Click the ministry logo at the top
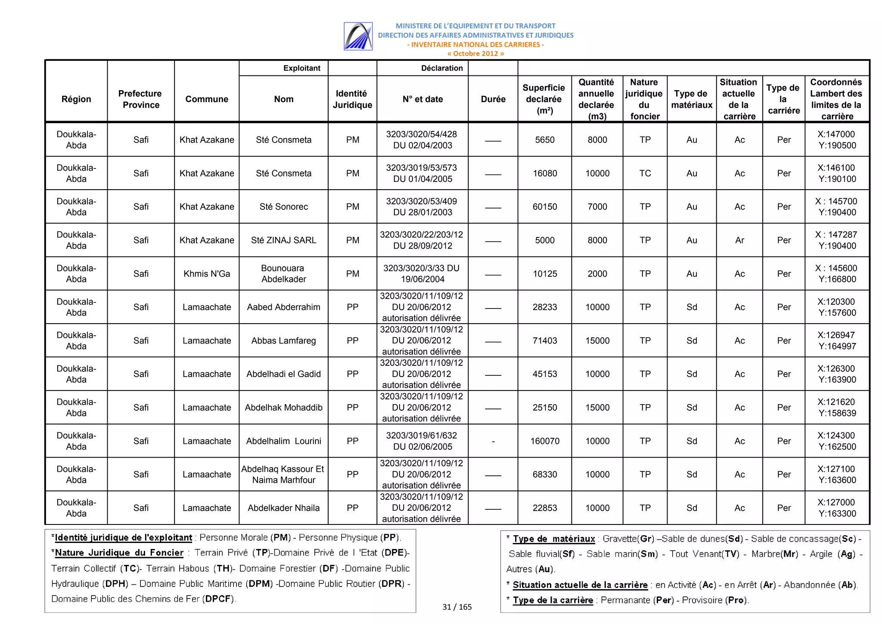(358, 36)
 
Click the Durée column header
(493, 99)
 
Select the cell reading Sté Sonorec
(283, 207)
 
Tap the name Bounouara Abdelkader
(283, 274)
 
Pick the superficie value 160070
(544, 441)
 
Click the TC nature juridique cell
(645, 173)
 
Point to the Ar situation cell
(739, 240)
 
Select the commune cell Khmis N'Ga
(207, 274)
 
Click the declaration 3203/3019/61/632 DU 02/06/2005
(422, 441)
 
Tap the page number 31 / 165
(457, 607)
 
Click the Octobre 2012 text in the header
(475, 53)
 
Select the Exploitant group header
(301, 68)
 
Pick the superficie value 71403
(544, 340)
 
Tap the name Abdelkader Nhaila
(283, 508)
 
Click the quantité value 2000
(597, 274)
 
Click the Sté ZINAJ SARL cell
(283, 240)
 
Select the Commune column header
(207, 99)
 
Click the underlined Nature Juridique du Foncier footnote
(119, 553)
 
